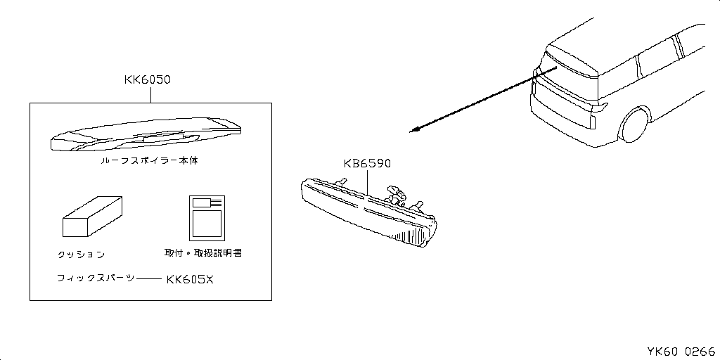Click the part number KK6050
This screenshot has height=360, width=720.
pos(147,80)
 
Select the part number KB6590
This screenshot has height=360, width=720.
pos(367,165)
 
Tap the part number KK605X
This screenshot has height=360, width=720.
pos(190,279)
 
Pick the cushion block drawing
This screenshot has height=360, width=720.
pos(92,218)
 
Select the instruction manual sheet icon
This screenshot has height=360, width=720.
pos(207,217)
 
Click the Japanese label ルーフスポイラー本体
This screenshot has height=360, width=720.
pos(149,160)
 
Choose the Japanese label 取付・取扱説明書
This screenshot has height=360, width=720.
pos(203,252)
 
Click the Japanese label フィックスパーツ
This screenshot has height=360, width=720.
pos(96,278)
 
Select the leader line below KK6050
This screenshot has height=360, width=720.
pos(151,94)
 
